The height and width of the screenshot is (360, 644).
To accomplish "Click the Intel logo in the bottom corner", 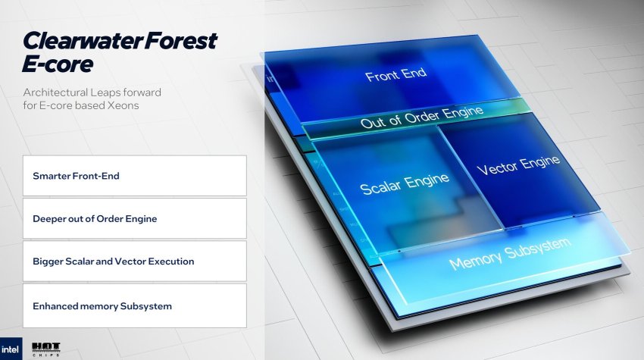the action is [x=11, y=349].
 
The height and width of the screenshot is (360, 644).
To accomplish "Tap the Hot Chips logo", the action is [x=46, y=349].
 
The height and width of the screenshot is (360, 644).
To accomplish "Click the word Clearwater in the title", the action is [x=83, y=41].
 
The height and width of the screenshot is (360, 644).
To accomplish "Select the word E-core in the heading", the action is [x=58, y=64].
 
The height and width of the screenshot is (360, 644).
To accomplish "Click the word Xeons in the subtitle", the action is [x=123, y=105].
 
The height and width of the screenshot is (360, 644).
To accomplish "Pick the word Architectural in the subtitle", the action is [x=55, y=92].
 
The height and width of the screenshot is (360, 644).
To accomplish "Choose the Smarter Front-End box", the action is [x=135, y=176].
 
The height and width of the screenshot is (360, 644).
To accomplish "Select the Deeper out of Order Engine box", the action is [x=135, y=218].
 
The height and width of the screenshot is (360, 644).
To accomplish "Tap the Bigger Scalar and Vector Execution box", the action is [x=135, y=261].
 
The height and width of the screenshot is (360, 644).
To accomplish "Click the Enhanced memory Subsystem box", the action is [x=135, y=305].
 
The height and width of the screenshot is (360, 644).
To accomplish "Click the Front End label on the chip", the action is [x=396, y=74].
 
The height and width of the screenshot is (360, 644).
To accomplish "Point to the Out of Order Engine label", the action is [x=422, y=117].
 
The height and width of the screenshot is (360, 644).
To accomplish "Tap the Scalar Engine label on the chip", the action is [x=405, y=183].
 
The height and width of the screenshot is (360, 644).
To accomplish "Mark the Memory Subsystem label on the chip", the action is [x=510, y=254].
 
